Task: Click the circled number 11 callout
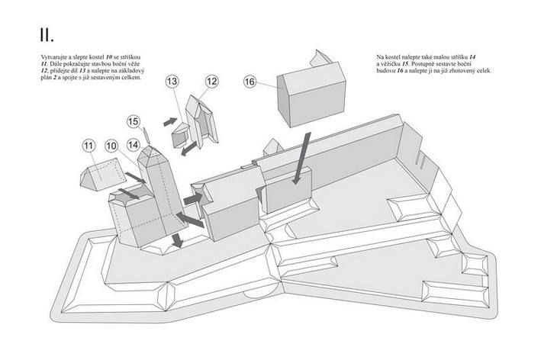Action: coord(89,145)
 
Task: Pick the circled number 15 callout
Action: coord(134,121)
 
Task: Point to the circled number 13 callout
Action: coord(172,81)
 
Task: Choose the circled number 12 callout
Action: coord(211,81)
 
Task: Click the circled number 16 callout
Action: coord(250,81)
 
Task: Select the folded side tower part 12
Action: coord(204,122)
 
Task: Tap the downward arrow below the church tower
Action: coord(177,240)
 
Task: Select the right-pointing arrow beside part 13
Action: coord(169,121)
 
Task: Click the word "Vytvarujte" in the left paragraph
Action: coord(56,57)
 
